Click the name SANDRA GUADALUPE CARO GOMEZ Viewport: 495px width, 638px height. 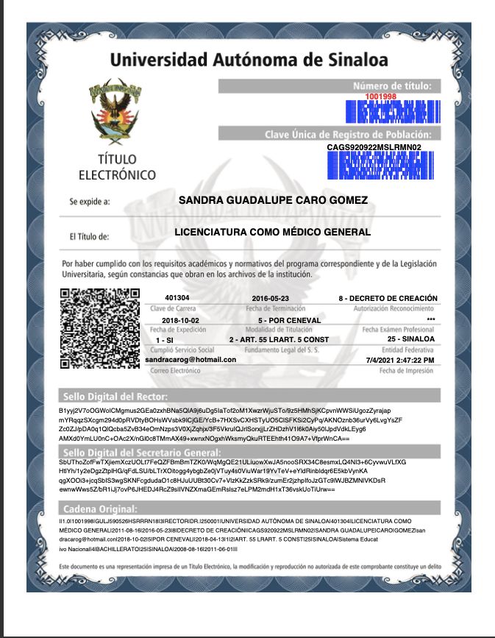[274, 200]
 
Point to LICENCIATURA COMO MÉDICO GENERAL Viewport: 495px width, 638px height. [273, 233]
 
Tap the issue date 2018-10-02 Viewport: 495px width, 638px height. [179, 321]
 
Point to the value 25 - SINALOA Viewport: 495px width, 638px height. [410, 339]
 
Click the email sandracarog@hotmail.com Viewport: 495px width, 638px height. [190, 359]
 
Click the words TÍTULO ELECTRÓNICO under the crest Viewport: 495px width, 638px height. [117, 168]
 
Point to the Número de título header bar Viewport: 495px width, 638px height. [331, 85]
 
